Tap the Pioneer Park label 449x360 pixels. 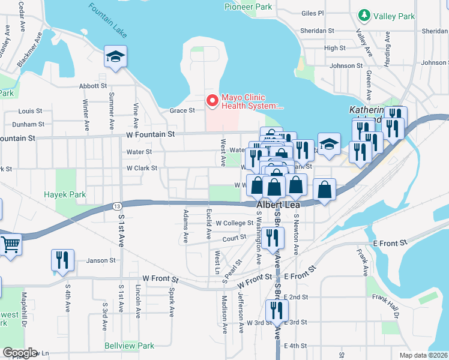pos(248,7)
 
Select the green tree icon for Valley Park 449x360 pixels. pos(363,14)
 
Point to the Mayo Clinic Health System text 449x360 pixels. pos(252,101)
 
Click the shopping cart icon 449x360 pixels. pos(11,245)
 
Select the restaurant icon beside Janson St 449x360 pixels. pos(62,259)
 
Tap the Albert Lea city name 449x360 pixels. pos(274,205)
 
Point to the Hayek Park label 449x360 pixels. pos(65,194)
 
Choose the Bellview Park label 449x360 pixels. pos(129,346)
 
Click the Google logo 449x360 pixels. pos(19,352)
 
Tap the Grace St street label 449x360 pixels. pos(182,110)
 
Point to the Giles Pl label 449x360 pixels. pos(313,13)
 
